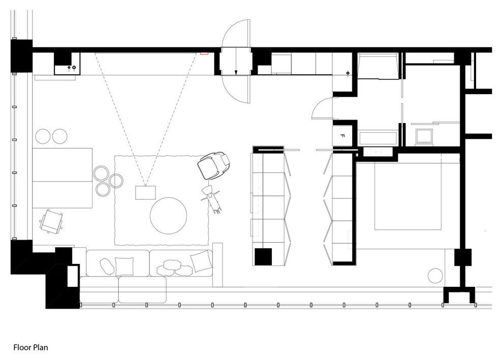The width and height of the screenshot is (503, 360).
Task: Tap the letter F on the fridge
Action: pos(342,136)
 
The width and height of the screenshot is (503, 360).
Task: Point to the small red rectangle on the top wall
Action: pos(204,52)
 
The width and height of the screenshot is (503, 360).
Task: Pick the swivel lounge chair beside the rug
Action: pos(213,165)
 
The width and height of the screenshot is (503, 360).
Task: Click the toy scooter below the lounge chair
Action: pos(212,199)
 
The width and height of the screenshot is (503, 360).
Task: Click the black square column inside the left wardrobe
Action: pos(264,257)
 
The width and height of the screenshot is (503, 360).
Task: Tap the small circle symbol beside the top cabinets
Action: pos(348,73)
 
